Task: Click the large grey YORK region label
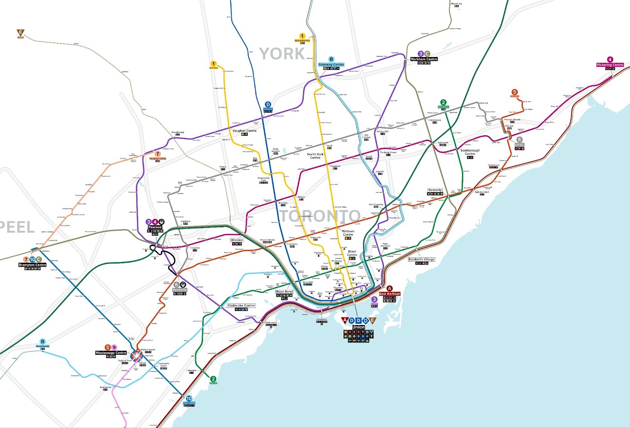point(282,54)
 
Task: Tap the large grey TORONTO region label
point(321,216)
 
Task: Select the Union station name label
point(358,327)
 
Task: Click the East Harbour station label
point(390,294)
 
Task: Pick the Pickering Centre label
point(610,65)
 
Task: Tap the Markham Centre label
point(424,59)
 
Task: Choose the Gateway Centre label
point(331,65)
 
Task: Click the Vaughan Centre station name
point(245,130)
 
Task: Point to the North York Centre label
point(315,156)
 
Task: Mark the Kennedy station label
point(435,190)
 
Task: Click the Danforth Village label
point(422,259)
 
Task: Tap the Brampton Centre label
point(32,265)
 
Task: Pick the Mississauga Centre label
point(111,353)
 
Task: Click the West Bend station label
point(284,292)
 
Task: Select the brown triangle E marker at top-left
point(20,33)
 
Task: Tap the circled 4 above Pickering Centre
point(610,59)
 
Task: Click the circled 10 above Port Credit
point(189,398)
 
